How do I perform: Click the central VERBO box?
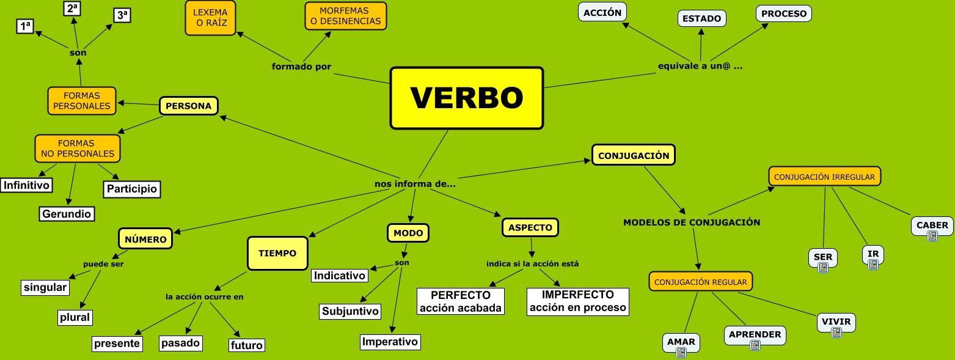click(466, 98)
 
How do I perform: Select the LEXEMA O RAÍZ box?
click(210, 18)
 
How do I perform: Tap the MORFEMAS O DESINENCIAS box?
click(345, 16)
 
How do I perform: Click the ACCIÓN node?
click(602, 12)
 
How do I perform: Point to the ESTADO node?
click(701, 18)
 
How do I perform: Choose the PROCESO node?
click(783, 13)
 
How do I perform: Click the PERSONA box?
click(188, 106)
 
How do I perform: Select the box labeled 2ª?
click(73, 8)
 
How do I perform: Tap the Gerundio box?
click(67, 214)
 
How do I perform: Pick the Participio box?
click(131, 189)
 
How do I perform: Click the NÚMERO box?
click(145, 239)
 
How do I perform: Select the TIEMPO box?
click(277, 253)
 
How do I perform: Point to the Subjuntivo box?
click(350, 311)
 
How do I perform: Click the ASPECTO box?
click(530, 227)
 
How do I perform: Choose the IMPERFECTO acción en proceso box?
click(577, 301)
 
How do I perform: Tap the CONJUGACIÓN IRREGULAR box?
click(824, 177)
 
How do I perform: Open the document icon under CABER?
click(932, 236)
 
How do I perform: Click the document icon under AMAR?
click(681, 352)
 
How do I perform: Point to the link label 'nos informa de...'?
click(415, 183)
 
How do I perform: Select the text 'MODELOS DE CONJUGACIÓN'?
click(691, 222)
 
